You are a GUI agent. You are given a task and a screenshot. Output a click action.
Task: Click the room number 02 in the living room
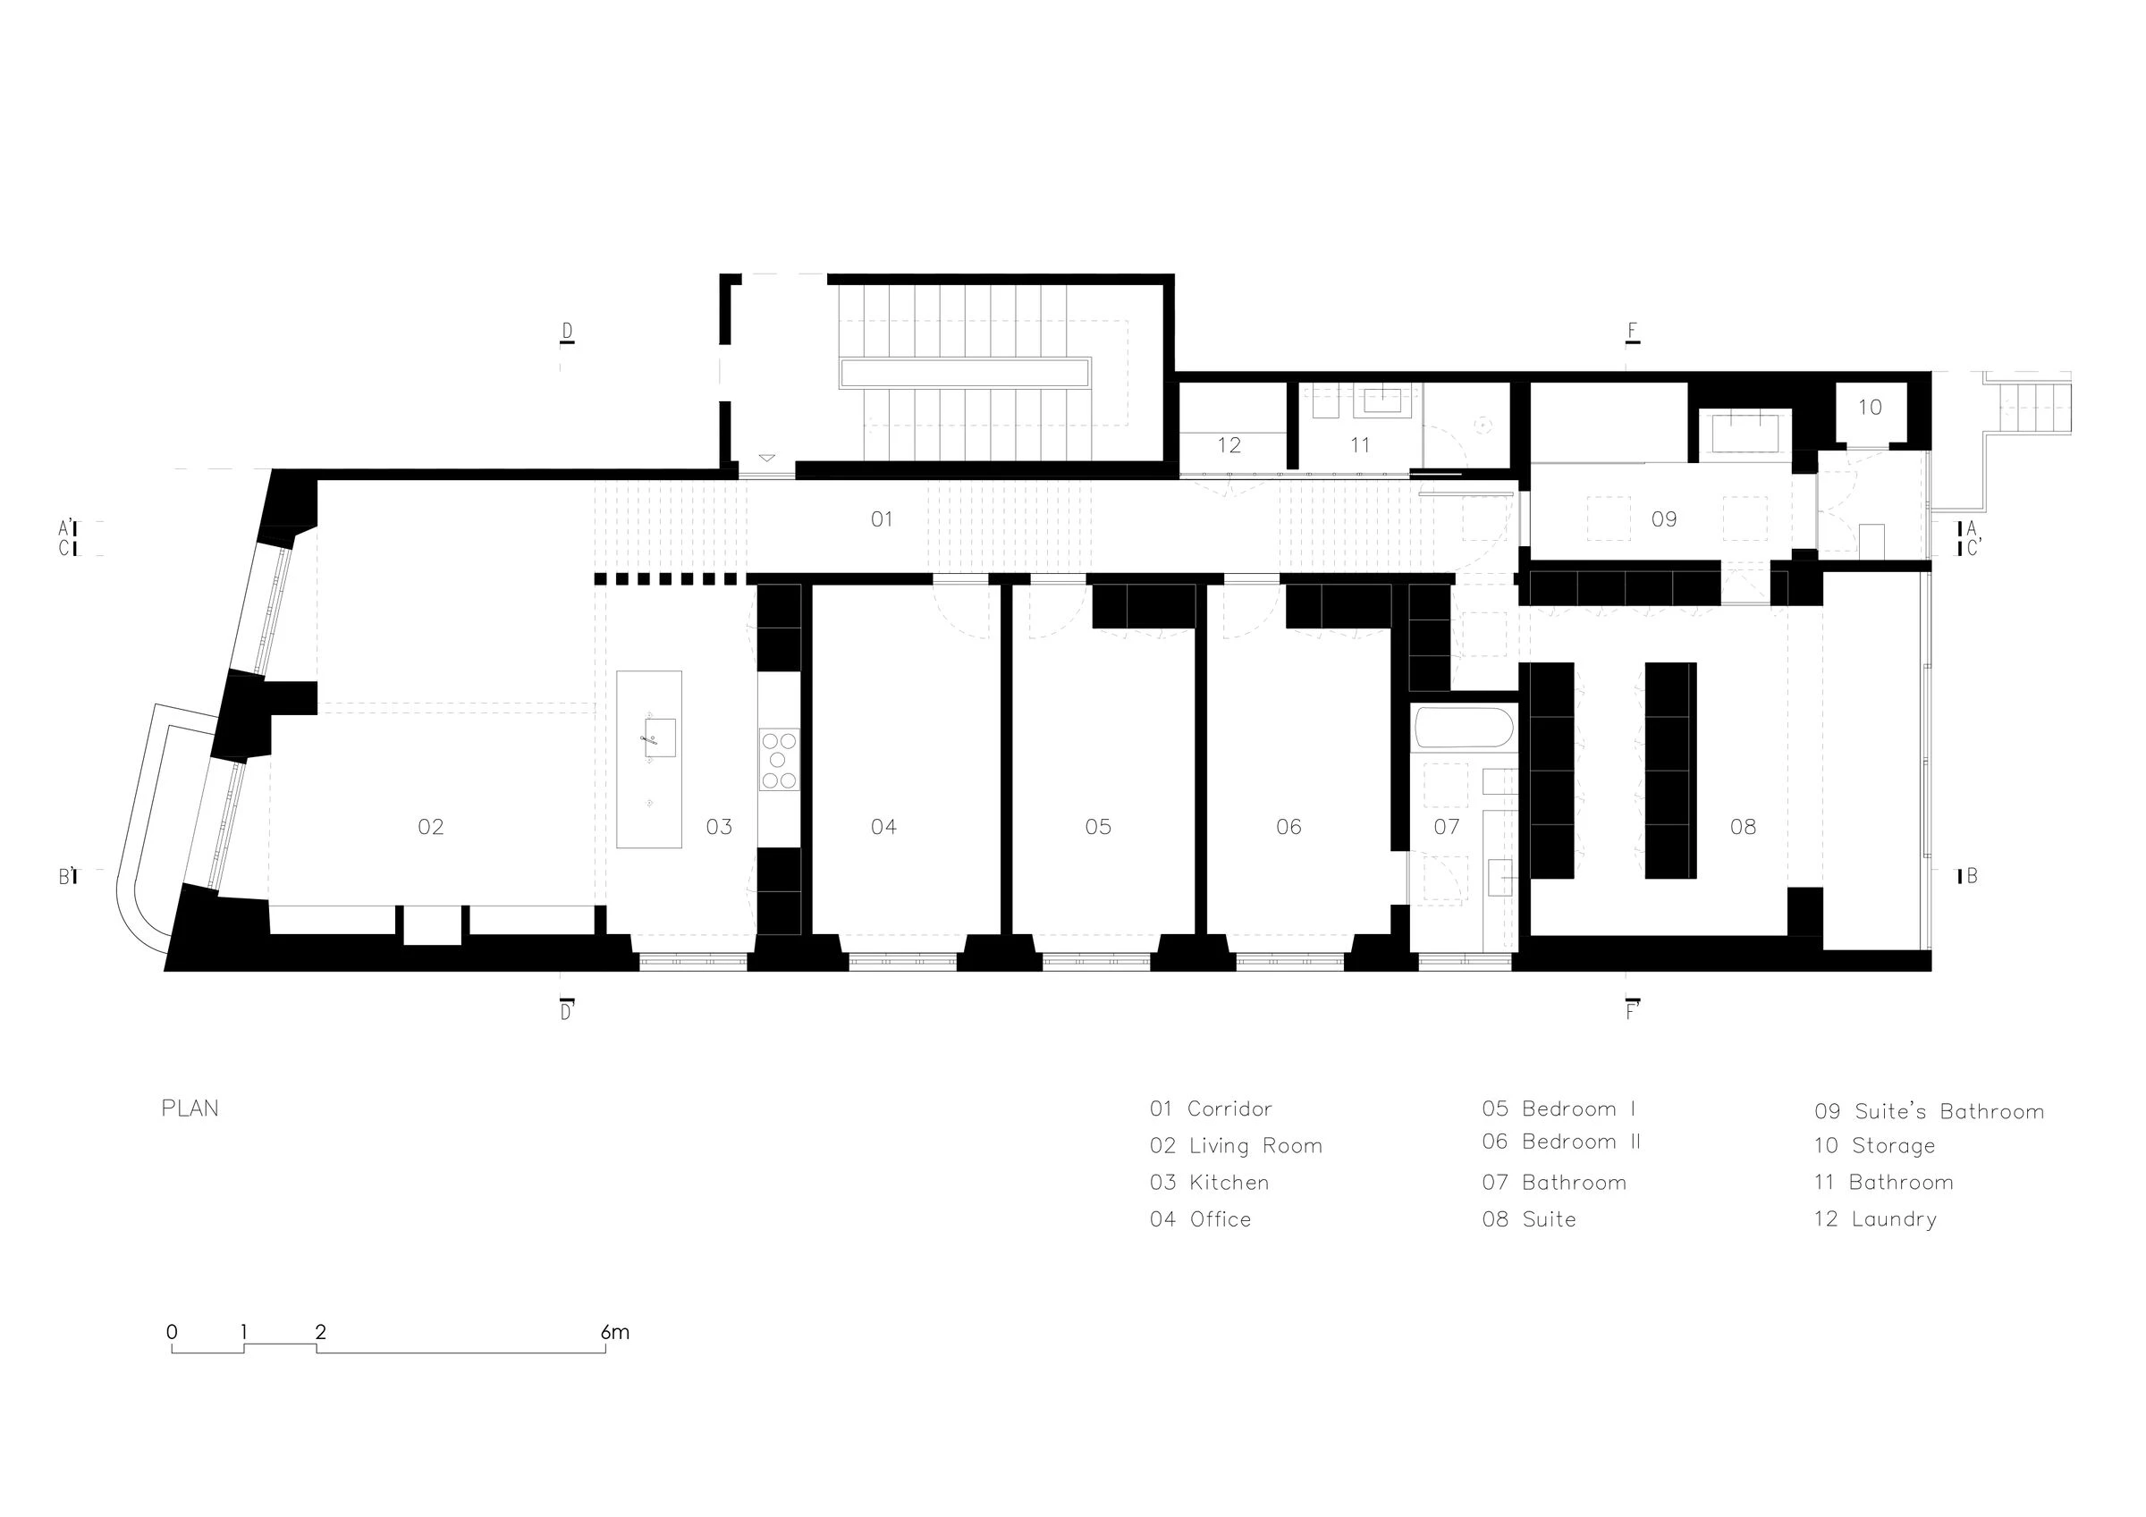click(x=430, y=827)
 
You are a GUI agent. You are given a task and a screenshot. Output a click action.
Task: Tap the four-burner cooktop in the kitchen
click(x=779, y=761)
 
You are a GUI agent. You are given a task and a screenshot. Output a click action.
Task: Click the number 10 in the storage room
click(x=1870, y=408)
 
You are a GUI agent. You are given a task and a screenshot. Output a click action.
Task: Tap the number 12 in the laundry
click(x=1229, y=446)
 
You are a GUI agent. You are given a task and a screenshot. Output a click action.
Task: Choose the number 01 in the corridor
click(x=882, y=519)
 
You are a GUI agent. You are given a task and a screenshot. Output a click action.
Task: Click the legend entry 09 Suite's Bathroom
click(x=1929, y=1111)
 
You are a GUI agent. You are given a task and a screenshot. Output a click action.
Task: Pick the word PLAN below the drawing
click(x=190, y=1108)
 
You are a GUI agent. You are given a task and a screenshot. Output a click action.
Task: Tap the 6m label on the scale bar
click(x=615, y=1332)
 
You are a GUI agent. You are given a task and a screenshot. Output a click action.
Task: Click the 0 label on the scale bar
click(x=172, y=1332)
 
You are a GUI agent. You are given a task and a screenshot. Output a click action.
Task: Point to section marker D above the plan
click(x=566, y=333)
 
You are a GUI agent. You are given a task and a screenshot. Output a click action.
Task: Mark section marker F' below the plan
click(x=1633, y=1011)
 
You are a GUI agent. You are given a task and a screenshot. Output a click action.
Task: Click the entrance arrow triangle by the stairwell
click(x=766, y=458)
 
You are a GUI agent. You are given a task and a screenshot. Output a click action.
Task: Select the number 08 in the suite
click(x=1742, y=827)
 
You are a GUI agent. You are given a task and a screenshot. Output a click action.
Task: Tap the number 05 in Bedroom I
click(x=1098, y=827)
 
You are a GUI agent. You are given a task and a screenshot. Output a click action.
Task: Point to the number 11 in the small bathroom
click(x=1360, y=446)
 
